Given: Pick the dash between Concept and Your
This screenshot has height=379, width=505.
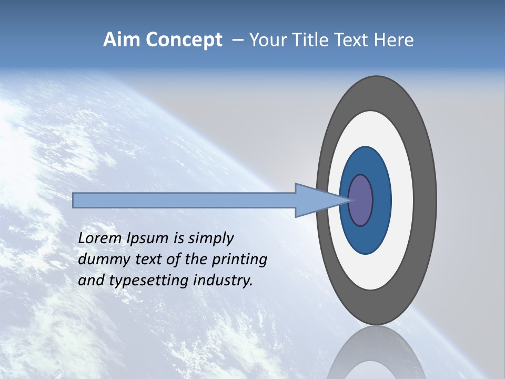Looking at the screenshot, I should tap(237, 41).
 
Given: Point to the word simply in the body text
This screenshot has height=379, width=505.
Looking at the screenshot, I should tap(210, 239).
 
